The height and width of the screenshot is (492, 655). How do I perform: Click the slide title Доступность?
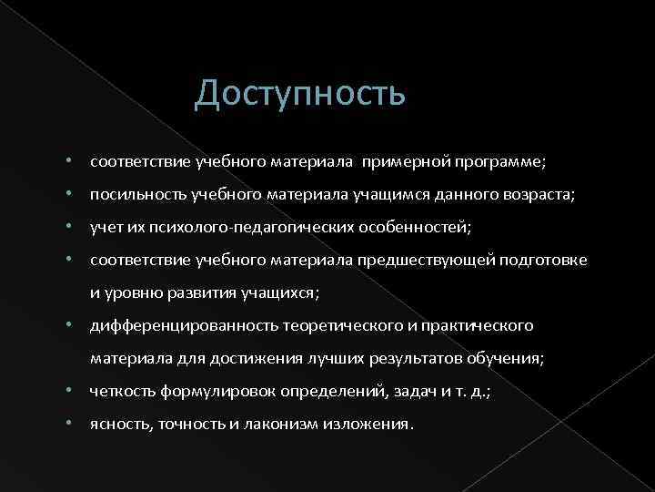pyautogui.click(x=299, y=93)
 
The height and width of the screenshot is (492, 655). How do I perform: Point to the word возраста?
pyautogui.click(x=542, y=195)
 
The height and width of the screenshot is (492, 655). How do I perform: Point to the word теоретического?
pyautogui.click(x=337, y=325)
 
